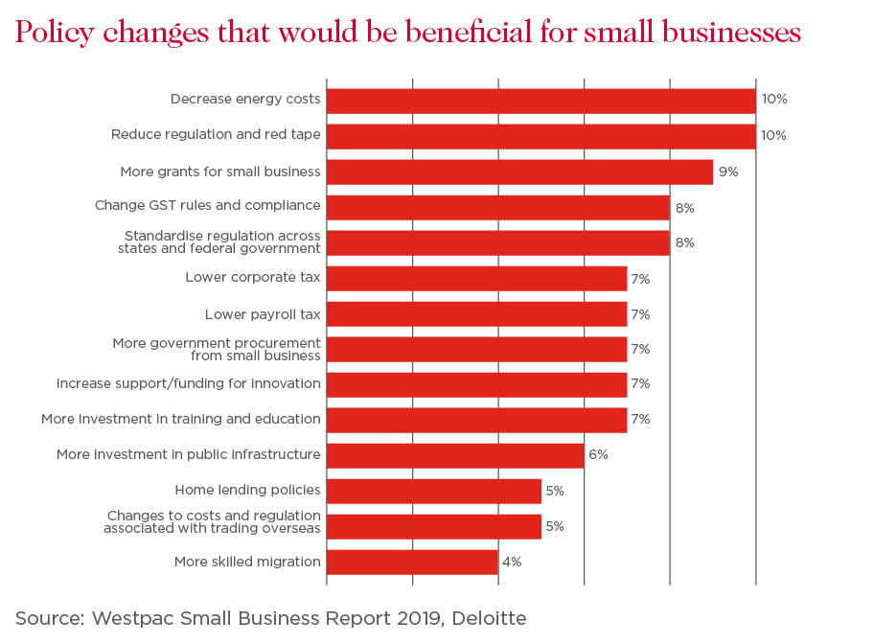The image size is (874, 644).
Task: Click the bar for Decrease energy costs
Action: tap(541, 101)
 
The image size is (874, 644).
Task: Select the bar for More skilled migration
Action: tap(413, 562)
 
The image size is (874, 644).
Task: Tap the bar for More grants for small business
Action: tap(520, 172)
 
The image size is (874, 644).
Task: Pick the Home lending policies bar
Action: tap(434, 491)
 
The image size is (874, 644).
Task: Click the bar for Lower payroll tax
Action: tap(477, 314)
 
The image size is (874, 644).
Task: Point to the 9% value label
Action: tap(728, 172)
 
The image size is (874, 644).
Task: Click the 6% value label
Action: tap(598, 454)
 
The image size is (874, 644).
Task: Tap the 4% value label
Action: tap(512, 562)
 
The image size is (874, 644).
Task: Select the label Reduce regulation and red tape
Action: tap(216, 135)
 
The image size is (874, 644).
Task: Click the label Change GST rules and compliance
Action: tap(207, 205)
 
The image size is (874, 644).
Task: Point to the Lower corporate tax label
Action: tap(253, 278)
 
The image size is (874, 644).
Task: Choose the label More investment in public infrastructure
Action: tap(189, 454)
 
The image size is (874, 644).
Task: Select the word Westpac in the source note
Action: tap(128, 618)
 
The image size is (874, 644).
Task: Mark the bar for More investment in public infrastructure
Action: tap(456, 454)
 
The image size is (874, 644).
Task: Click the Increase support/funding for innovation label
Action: tap(189, 384)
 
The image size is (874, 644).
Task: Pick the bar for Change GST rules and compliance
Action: tap(498, 207)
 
